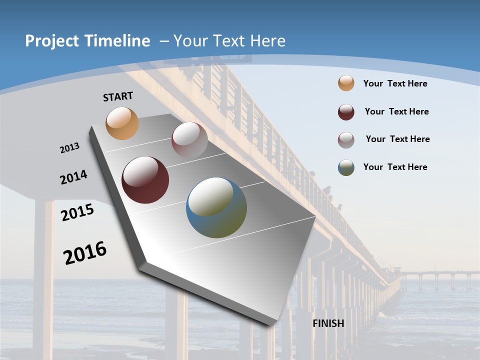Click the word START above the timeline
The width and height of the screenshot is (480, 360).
coord(118,96)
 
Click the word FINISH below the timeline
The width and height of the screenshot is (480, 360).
coord(328,323)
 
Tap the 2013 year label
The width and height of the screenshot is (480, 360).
coord(69,148)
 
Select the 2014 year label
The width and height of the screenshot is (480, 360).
coord(73,177)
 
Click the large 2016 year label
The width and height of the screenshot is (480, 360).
coord(85,253)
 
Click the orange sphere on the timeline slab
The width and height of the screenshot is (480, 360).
coord(122,123)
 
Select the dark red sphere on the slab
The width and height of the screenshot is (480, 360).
coord(145,180)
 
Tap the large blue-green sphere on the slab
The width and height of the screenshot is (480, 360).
coord(216,207)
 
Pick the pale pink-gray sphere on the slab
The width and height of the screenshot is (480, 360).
coord(189,140)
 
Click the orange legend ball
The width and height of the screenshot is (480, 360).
coord(346,83)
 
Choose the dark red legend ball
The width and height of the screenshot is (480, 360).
coord(346,112)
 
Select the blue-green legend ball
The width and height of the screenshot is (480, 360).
coord(346,167)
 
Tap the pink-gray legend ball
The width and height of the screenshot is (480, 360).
coord(346,140)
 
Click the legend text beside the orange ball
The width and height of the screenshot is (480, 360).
coord(395,83)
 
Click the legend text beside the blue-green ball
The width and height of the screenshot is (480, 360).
coord(395,167)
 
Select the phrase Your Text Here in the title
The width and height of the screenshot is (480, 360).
coord(229,41)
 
